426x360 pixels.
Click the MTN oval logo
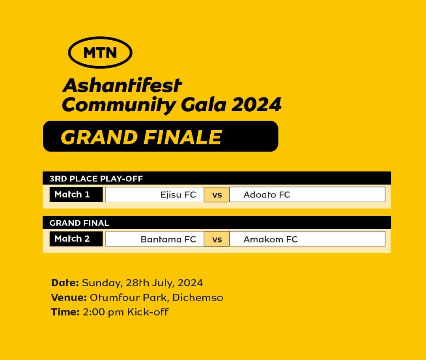100,52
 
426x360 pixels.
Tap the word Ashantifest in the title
122,85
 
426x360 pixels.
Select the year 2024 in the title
256,105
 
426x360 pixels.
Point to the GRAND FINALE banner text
141,137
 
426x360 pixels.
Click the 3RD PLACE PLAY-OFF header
96,179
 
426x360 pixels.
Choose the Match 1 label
72,194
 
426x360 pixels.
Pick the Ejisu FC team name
178,195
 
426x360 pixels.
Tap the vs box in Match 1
217,194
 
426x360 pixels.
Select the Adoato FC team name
267,195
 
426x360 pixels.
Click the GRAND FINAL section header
79,223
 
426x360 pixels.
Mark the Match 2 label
72,239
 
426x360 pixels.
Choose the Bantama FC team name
168,239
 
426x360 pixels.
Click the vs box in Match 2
217,239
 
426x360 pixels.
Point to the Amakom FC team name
271,239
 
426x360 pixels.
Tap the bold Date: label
65,283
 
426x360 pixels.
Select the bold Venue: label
69,298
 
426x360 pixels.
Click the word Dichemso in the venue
198,298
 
